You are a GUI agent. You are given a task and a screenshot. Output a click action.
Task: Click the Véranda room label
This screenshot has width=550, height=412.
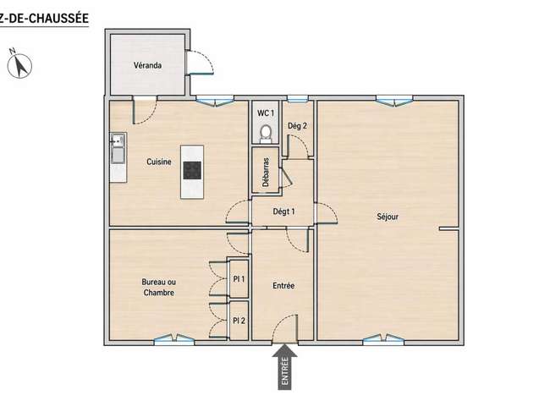coord(148,65)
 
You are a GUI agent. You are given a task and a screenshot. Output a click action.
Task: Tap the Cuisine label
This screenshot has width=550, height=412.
coord(159,162)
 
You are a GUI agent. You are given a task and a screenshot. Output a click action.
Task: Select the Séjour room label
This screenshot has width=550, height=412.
coord(388,217)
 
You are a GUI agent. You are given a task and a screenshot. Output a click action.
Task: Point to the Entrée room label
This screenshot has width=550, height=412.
coord(283,286)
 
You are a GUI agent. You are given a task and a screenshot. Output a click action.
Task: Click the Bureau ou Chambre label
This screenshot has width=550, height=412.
coord(159,287)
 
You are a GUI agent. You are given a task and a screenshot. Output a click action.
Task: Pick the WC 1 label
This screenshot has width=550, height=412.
coord(266,113)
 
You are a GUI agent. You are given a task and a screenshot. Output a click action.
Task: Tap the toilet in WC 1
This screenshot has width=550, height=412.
coord(266,134)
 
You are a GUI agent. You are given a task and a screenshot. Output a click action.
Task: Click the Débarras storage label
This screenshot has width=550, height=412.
coord(266,172)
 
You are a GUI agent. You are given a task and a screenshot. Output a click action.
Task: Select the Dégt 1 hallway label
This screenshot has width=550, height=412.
coord(283,211)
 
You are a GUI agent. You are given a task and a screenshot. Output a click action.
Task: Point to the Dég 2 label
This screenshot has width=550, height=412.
coord(298,125)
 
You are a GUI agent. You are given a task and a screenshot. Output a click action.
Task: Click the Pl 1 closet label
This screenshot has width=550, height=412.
coord(239,279)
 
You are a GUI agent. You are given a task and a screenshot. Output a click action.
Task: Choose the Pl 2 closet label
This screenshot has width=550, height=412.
coord(239,321)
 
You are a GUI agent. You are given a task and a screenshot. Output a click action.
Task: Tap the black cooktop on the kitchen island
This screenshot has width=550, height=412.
coord(192,170)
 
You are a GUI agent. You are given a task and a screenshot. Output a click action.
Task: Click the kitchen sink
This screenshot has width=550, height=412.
coord(118,148)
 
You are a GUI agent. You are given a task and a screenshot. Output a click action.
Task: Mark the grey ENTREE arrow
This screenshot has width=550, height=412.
coord(285,367)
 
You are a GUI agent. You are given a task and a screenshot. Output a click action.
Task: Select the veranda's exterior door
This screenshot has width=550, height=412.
coord(200,63)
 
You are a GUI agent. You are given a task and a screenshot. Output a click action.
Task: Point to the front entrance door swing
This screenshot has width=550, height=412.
coord(285,328)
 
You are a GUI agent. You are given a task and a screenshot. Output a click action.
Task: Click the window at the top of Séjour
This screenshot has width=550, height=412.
coord(394,101)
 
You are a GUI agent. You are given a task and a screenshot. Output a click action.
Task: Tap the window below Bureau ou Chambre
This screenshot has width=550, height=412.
coord(174,339)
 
